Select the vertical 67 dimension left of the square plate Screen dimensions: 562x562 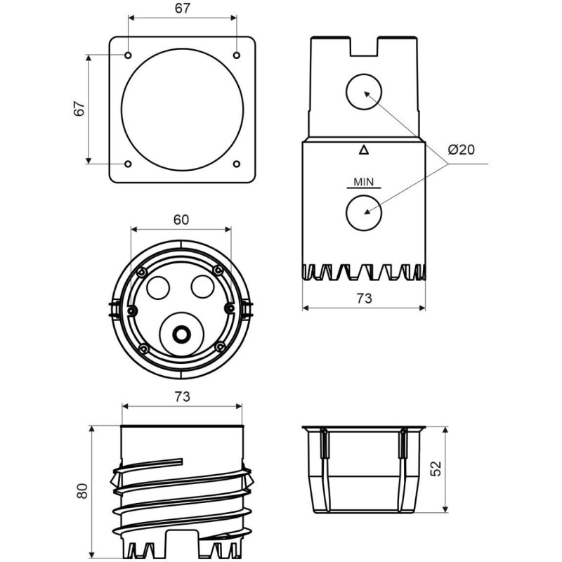click(x=79, y=108)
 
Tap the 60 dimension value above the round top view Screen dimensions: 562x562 click(x=181, y=219)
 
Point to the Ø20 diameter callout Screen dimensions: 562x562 click(x=461, y=150)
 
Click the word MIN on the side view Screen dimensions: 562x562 click(x=363, y=182)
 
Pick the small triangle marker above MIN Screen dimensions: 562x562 click(x=363, y=149)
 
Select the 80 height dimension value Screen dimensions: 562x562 click(x=82, y=491)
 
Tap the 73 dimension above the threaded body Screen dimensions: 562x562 click(x=182, y=397)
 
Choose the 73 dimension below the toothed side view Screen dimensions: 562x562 click(x=364, y=298)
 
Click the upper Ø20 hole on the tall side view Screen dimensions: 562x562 click(x=364, y=92)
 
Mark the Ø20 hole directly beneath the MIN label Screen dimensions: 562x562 click(x=364, y=211)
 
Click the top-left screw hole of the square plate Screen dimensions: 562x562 click(x=128, y=54)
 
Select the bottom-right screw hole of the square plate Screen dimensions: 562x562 click(x=237, y=164)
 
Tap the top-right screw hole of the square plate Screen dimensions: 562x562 click(x=237, y=54)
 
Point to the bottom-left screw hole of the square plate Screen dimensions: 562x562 click(x=128, y=164)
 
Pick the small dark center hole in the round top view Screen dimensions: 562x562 click(x=182, y=334)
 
